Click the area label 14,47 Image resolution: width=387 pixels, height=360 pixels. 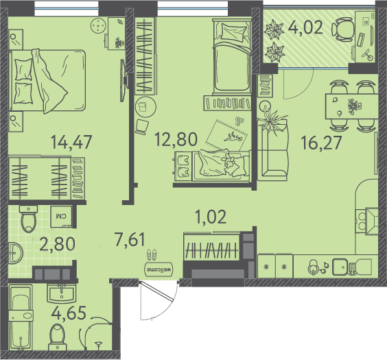[71, 142]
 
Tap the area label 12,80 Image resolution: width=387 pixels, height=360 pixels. [176, 139]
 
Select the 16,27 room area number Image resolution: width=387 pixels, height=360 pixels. [322, 143]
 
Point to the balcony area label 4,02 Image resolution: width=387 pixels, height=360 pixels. [305, 27]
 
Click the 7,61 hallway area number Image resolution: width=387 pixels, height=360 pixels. [130, 240]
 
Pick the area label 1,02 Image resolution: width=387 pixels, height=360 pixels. [211, 217]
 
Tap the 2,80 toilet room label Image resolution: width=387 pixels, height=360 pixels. [57, 243]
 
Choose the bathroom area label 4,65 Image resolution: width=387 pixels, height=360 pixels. [69, 313]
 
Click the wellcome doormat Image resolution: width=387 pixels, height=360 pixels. [159, 269]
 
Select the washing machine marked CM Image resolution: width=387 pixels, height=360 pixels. [61, 217]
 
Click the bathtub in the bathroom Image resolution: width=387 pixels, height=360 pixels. [21, 317]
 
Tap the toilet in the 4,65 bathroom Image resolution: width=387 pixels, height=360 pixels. [58, 337]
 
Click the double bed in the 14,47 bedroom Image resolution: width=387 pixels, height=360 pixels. [47, 81]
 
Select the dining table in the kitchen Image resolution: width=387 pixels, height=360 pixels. [351, 106]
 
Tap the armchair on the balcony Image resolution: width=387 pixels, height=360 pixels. [343, 29]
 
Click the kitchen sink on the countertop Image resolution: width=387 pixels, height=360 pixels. [340, 267]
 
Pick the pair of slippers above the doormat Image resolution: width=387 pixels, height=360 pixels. [152, 254]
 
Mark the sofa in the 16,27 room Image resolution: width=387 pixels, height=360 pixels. [272, 150]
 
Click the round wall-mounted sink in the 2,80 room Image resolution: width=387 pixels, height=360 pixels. [16, 253]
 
